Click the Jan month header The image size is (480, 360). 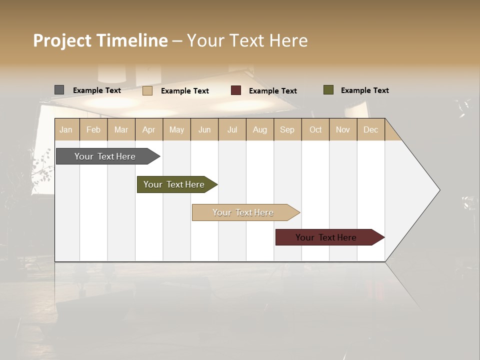(66, 129)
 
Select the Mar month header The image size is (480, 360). (121, 129)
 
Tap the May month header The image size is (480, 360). (176, 129)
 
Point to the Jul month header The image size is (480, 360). (232, 129)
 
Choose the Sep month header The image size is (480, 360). (287, 129)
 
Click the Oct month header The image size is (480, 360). (315, 129)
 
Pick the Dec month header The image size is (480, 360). (370, 129)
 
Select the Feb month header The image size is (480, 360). (93, 129)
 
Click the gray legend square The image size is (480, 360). (59, 90)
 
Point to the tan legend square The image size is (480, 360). (147, 90)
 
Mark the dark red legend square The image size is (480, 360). (236, 90)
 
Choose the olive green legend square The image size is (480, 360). (328, 90)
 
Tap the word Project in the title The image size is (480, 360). (62, 40)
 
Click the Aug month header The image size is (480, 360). (260, 129)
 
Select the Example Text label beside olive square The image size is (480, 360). (364, 90)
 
